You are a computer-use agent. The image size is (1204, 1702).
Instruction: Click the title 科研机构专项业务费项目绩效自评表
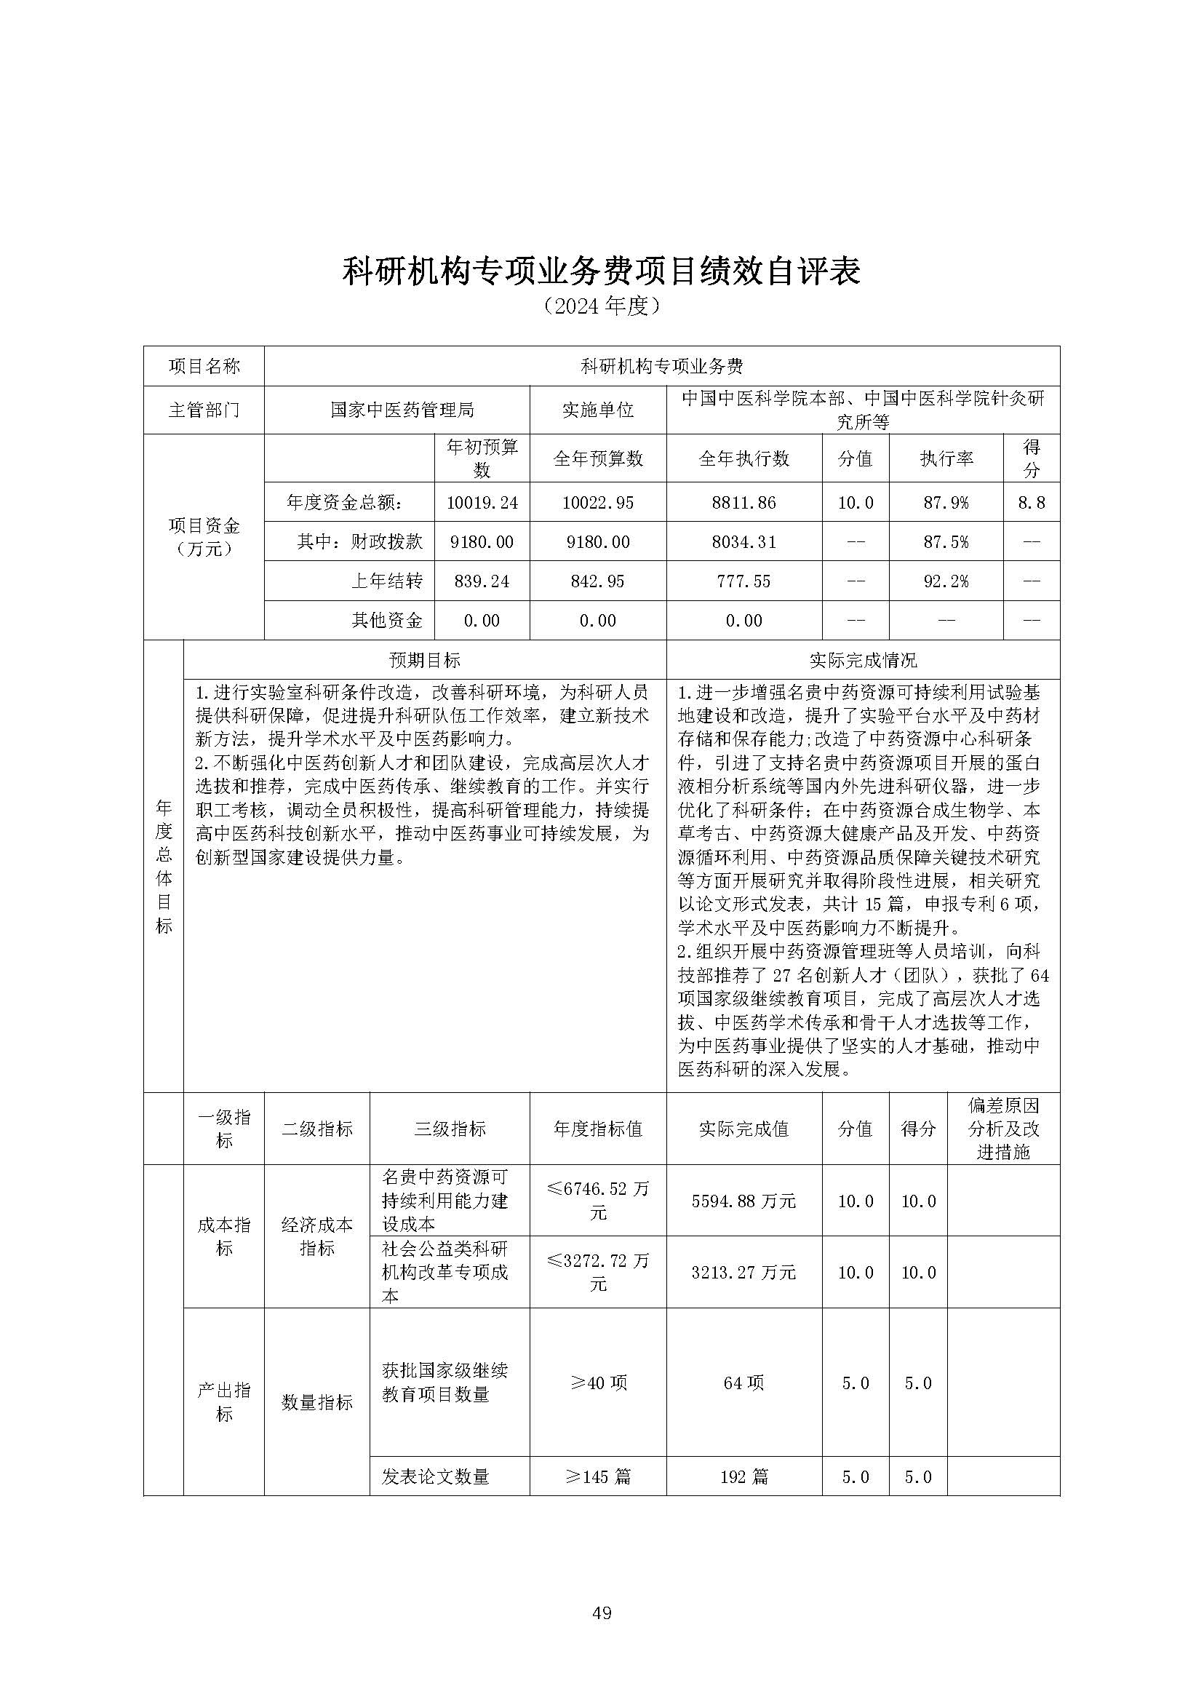coord(601,272)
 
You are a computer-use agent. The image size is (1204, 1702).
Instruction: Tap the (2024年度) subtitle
coord(601,306)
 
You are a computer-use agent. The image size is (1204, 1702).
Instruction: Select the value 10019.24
coord(482,503)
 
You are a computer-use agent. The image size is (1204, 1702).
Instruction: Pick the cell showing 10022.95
coord(597,503)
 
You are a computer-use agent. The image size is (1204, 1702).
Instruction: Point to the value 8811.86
coord(743,503)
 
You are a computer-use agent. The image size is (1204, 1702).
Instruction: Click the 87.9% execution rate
coord(945,503)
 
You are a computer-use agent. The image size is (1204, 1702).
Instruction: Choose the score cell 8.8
coord(1032,503)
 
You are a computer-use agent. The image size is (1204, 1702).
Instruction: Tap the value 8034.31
coord(743,542)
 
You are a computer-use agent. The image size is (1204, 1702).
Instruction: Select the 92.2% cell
coord(945,581)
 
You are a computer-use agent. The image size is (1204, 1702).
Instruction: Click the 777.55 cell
coord(743,581)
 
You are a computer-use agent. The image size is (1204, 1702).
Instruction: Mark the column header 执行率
coord(945,459)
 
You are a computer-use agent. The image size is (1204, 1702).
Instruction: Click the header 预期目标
coord(424,660)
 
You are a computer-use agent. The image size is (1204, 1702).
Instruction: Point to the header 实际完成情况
coord(863,660)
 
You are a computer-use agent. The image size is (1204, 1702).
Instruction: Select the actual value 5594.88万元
coord(743,1201)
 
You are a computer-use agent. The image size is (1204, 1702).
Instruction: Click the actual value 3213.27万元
coord(743,1273)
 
